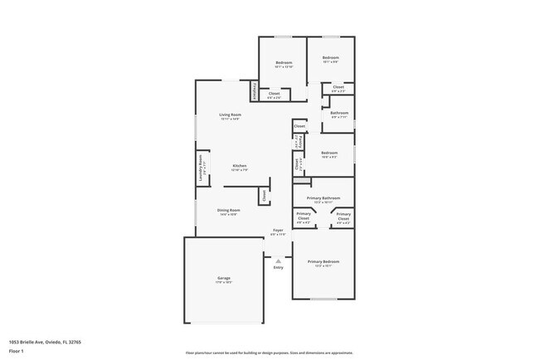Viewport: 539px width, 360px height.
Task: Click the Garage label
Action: point(224,278)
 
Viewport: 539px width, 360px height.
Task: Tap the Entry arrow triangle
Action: point(278,260)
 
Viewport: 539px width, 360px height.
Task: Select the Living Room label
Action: point(230,114)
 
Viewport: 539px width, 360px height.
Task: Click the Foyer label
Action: point(278,230)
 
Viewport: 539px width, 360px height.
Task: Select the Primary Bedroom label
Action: point(323,261)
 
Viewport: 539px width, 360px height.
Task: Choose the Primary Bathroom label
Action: point(323,198)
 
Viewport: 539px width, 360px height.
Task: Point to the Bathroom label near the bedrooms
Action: point(339,112)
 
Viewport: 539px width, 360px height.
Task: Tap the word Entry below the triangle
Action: point(278,267)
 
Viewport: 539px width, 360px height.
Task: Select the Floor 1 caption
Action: point(17,351)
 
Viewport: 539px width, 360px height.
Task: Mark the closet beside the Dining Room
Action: point(264,197)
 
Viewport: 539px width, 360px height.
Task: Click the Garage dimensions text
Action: point(224,283)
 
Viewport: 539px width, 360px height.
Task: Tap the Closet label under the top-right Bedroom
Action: point(338,87)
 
